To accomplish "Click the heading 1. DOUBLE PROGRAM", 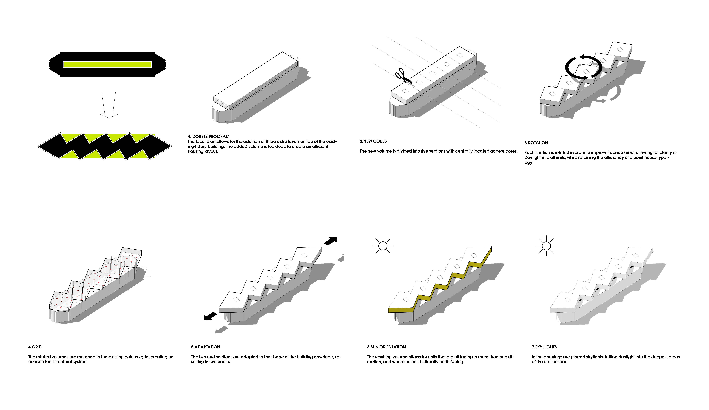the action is (x=208, y=137).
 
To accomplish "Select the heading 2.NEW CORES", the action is (x=373, y=141).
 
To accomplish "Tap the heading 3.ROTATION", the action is (x=536, y=143).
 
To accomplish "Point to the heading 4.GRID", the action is (x=35, y=347).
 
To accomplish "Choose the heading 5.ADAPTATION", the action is (x=205, y=347).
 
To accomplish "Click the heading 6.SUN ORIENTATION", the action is (x=386, y=347).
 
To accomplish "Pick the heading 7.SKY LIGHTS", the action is (x=544, y=347).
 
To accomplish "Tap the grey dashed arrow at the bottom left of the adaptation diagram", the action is (x=222, y=329).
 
